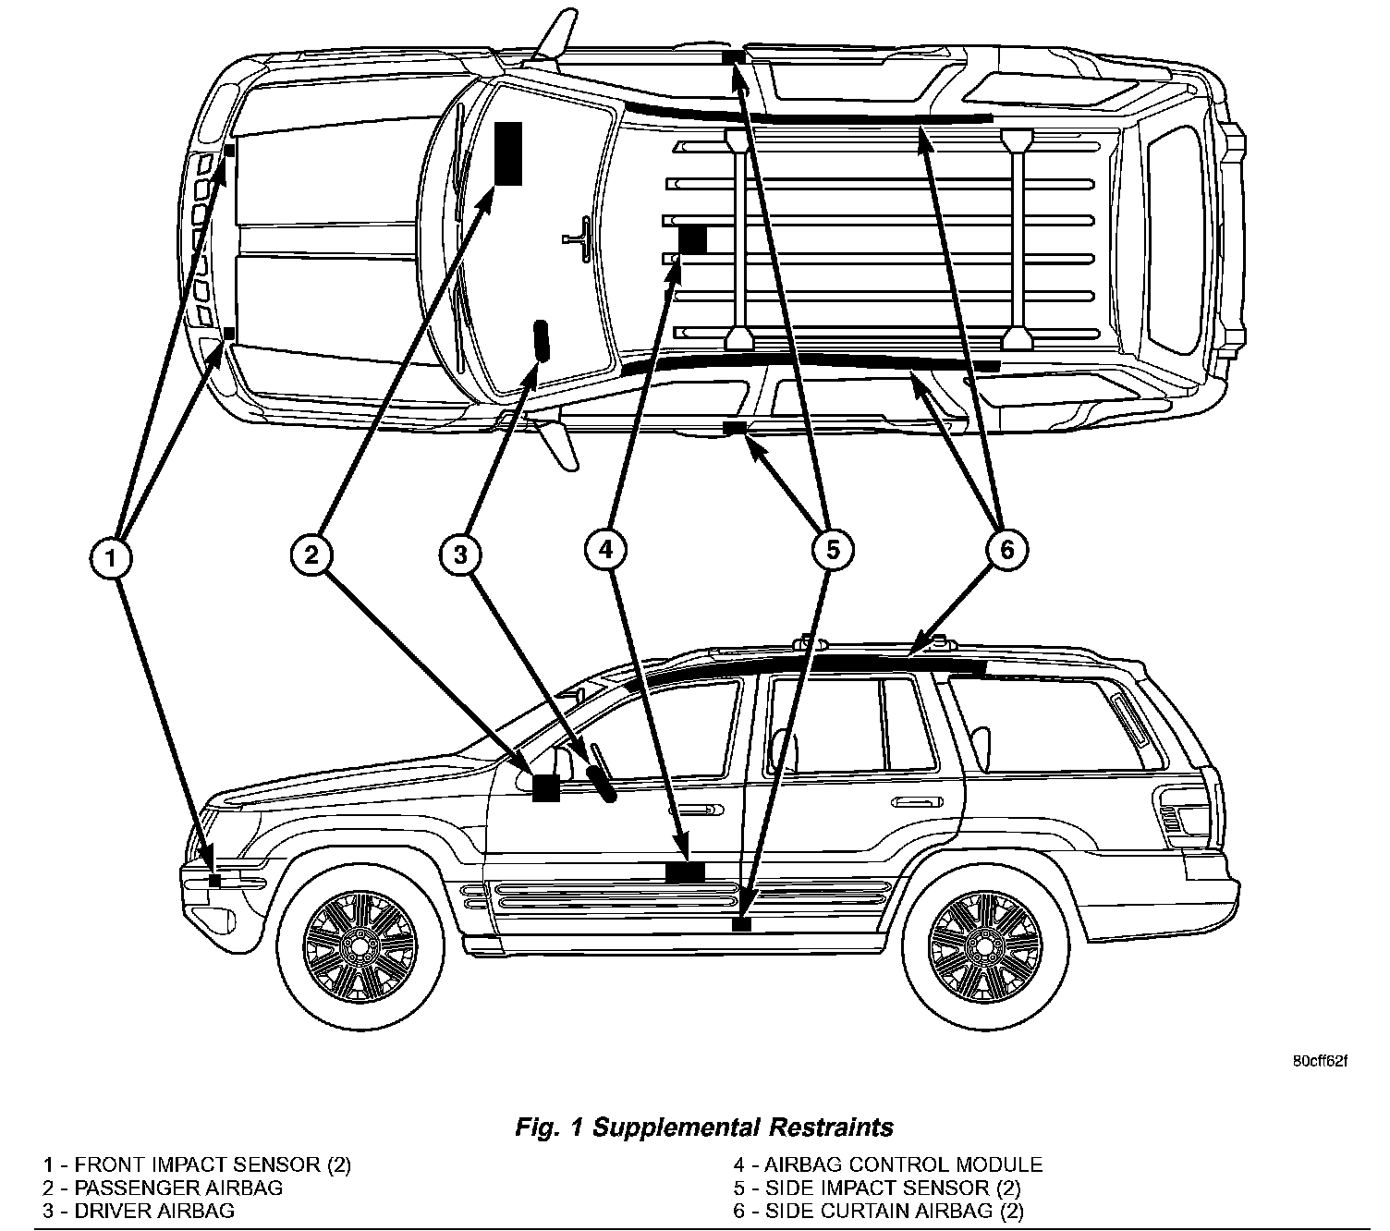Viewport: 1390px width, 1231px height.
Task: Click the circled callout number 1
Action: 112,558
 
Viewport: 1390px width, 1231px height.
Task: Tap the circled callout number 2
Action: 311,554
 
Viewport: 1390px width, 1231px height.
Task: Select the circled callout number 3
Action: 460,555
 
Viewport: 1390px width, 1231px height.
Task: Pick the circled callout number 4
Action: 605,551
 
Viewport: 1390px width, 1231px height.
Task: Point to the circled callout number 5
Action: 832,551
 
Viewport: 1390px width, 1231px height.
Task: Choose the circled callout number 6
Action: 1006,550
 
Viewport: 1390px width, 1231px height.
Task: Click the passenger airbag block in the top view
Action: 508,153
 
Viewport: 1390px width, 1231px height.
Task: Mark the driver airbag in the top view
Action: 541,341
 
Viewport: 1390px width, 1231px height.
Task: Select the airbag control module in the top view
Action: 692,239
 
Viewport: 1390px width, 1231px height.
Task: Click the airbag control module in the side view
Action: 685,871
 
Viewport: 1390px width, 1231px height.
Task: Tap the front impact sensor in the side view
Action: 214,880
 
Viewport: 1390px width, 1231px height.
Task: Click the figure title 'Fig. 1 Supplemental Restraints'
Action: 703,1127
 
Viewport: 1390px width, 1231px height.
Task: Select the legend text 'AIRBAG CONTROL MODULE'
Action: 903,1165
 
